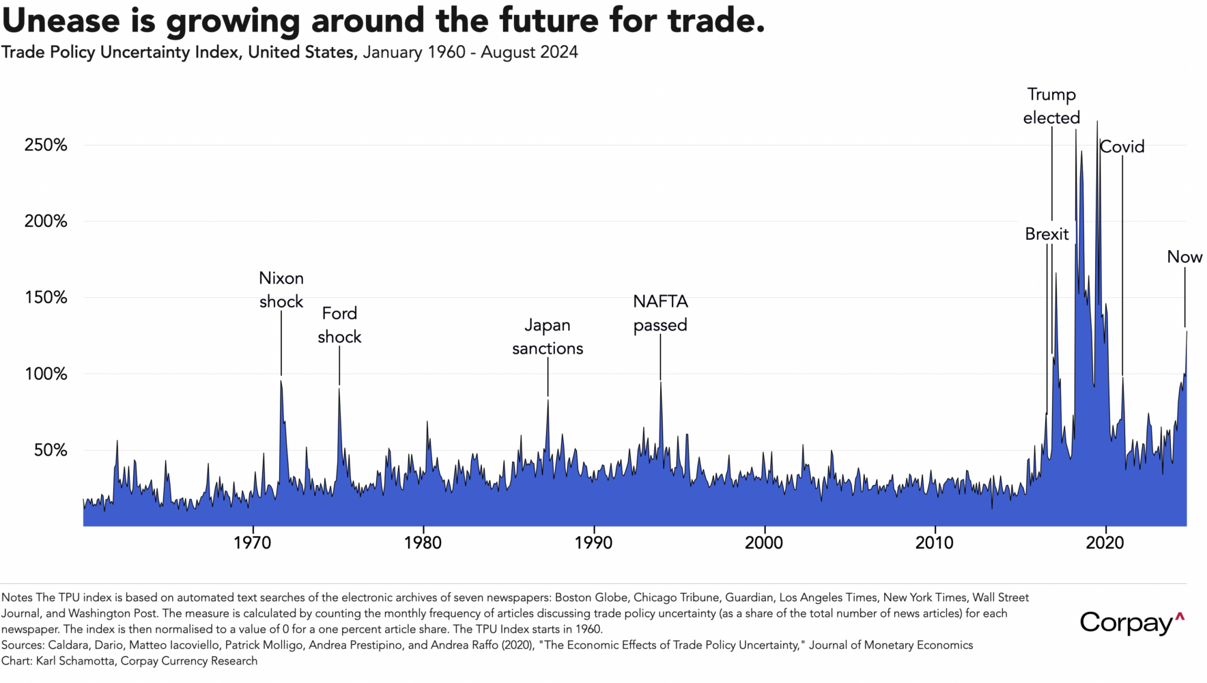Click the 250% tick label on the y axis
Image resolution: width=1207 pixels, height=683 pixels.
tap(46, 145)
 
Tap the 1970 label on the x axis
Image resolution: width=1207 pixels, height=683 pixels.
tap(253, 543)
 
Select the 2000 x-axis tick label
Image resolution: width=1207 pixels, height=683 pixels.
tap(764, 543)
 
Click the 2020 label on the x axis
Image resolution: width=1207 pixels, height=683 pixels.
tap(1105, 543)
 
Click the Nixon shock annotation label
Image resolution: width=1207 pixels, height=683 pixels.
tap(281, 290)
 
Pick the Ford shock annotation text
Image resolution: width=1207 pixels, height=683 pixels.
tap(339, 325)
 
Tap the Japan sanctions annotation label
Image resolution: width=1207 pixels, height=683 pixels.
tap(548, 337)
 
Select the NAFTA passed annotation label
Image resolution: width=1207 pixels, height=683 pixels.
tap(660, 313)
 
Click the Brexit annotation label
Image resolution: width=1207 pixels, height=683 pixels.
tap(1047, 234)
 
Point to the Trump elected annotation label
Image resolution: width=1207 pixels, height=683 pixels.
tap(1051, 107)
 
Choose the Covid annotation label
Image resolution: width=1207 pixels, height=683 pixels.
tap(1122, 147)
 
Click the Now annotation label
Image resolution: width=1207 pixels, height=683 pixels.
tap(1184, 257)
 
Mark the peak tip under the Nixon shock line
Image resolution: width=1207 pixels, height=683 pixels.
tap(281, 380)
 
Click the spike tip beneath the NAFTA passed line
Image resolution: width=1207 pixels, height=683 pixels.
tap(660, 382)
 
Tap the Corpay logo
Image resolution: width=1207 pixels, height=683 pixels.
tap(1131, 622)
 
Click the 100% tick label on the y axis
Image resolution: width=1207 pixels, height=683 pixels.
tap(46, 374)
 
